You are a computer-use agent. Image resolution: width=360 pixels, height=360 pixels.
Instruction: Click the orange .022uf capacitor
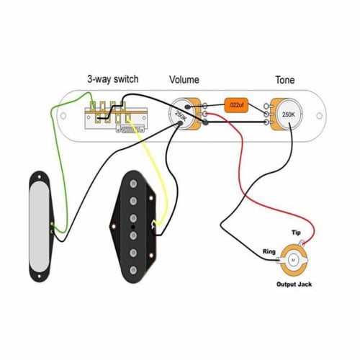point(235,105)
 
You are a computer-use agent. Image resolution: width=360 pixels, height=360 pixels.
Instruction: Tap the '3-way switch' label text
point(113,79)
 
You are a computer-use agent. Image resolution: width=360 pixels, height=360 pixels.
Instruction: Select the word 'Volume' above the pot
point(184,79)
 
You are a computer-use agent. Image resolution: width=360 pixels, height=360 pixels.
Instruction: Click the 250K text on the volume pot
point(181,114)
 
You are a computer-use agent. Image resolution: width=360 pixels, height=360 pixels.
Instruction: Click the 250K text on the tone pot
point(288,114)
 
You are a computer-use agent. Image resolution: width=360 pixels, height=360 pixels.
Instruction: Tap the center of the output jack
point(295,261)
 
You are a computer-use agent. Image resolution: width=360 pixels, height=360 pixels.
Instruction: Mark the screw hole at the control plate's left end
point(63,115)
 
